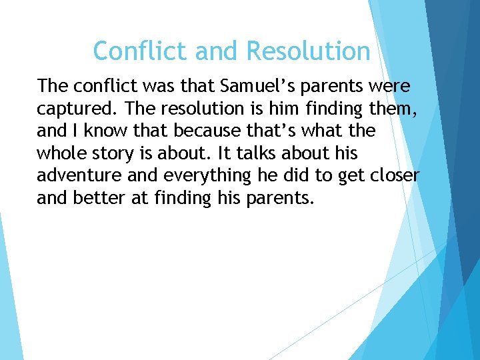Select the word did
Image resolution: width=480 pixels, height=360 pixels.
[x=304, y=177]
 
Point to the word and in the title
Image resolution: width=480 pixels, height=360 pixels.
[x=214, y=51]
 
